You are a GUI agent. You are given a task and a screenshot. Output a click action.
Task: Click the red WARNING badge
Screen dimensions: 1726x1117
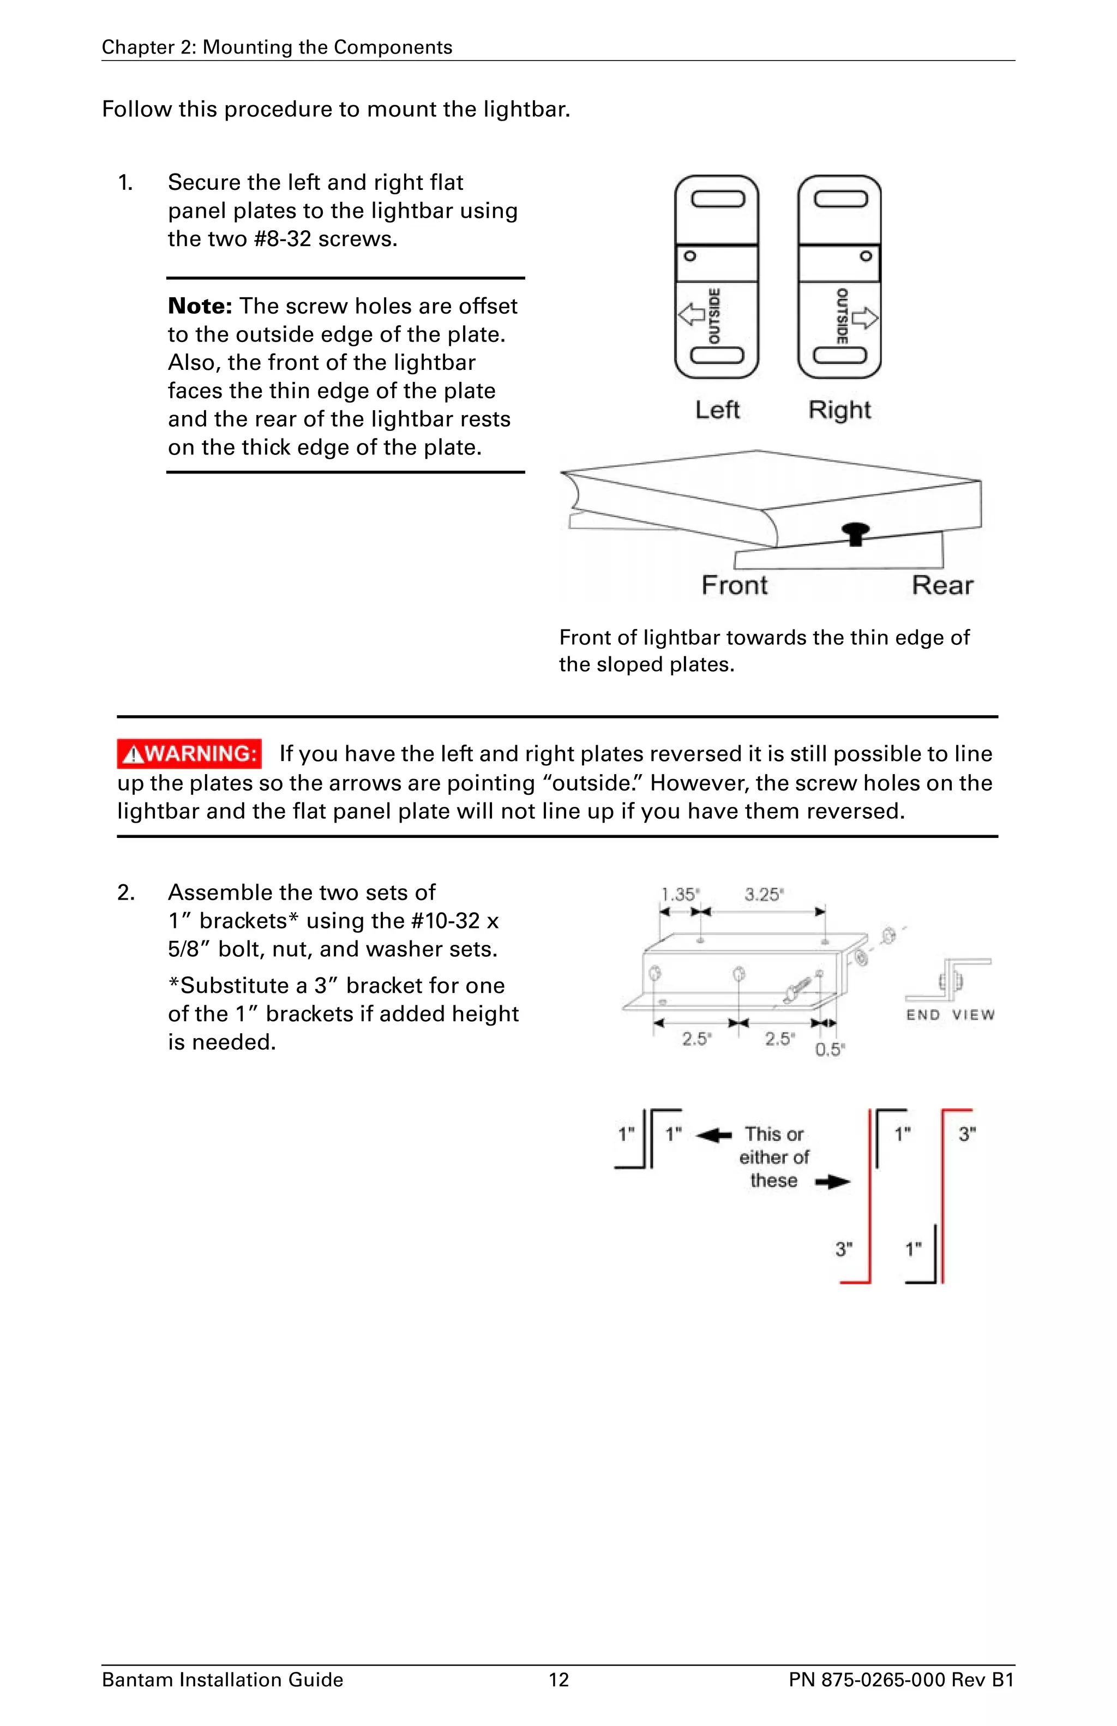click(189, 754)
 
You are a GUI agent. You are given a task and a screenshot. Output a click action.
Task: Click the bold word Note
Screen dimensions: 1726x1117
click(199, 306)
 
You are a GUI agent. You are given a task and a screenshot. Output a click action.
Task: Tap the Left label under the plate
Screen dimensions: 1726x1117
click(717, 410)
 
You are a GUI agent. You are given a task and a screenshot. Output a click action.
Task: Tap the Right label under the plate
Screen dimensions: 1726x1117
click(839, 410)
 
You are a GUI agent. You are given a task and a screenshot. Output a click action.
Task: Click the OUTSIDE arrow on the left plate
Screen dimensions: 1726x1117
click(691, 315)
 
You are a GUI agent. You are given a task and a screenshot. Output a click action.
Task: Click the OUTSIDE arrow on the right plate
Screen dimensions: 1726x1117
click(866, 317)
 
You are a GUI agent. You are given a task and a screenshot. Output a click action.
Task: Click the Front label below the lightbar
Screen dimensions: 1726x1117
click(734, 585)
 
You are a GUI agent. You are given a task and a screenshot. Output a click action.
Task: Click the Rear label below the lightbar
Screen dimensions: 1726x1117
click(941, 585)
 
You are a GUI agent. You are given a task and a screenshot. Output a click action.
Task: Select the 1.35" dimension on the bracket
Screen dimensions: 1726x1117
click(679, 895)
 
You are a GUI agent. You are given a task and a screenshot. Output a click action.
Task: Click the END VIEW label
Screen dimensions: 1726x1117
click(950, 1015)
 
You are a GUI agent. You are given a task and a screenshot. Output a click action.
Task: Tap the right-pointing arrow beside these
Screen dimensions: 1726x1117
click(832, 1182)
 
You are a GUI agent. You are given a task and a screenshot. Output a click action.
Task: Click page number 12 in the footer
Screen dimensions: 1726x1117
click(558, 1680)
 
